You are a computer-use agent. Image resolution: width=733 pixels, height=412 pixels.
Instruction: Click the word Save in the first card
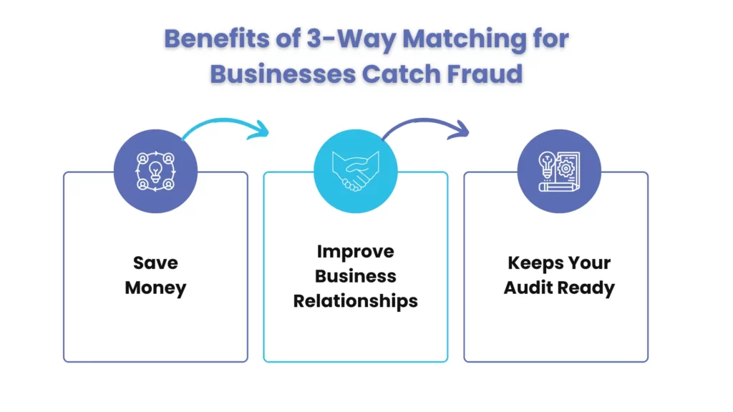pos(155,263)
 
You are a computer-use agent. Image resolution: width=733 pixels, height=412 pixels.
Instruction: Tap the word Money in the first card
pos(155,288)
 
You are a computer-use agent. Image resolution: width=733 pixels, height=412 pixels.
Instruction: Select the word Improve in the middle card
pos(355,252)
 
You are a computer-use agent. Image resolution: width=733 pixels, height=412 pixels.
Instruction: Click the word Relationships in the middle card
pos(355,300)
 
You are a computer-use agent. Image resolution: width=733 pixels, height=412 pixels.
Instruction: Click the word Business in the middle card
pos(355,276)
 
